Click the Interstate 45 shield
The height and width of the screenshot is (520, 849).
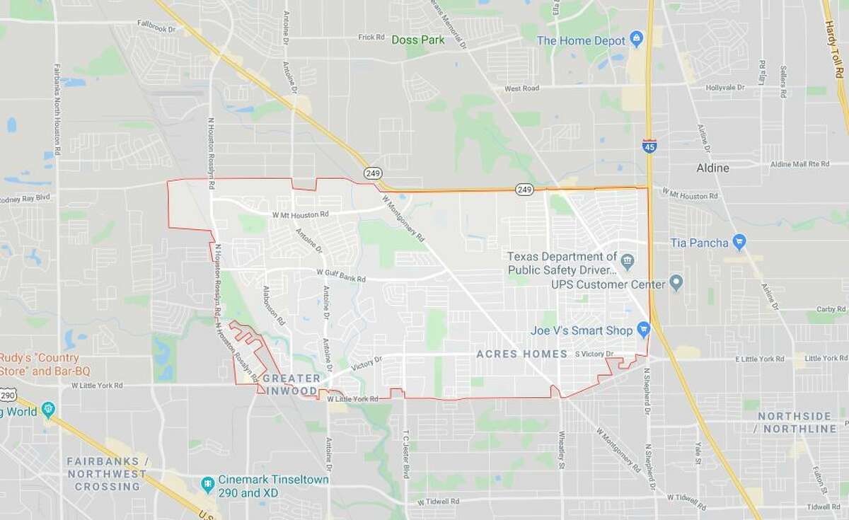pos(649,146)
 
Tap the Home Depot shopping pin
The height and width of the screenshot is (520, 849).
pos(636,38)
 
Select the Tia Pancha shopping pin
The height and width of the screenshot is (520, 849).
pos(739,243)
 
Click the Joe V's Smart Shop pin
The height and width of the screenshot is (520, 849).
pos(643,329)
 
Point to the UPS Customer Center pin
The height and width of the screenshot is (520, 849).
pos(676,284)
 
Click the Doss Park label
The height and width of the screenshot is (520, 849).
pos(418,40)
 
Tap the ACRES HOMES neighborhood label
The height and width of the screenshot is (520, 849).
pos(522,353)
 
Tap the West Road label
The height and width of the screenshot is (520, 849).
pos(521,88)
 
